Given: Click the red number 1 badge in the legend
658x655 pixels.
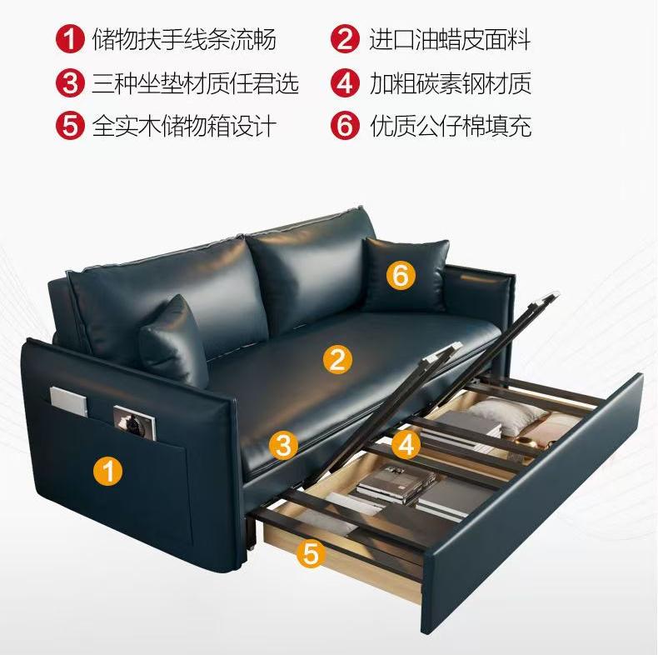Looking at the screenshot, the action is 70,39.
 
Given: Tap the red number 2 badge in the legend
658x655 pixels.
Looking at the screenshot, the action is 345,39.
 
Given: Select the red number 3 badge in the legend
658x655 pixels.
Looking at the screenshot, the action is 70,82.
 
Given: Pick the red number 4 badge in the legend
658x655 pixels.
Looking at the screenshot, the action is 345,82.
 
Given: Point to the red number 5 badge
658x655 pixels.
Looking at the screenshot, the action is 70,125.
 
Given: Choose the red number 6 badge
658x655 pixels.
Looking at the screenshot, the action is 345,125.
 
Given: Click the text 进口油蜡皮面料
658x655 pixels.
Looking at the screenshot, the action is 450,39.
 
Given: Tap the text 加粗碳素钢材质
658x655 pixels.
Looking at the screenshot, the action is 451,82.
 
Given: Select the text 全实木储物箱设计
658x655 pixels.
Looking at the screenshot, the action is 184,126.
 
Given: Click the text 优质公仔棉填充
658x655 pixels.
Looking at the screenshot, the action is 451,126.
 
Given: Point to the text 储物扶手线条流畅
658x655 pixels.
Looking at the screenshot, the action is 184,39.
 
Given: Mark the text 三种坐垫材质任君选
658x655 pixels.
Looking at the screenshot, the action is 196,82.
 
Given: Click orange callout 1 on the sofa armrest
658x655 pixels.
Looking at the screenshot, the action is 107,470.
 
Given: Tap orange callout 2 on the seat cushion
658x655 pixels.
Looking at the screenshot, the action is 337,359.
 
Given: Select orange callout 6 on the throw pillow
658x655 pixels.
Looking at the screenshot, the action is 401,276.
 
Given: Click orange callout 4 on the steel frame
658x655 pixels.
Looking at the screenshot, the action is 406,444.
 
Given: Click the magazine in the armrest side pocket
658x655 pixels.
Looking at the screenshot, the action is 135,422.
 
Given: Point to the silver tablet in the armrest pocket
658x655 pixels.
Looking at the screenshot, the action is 69,401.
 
